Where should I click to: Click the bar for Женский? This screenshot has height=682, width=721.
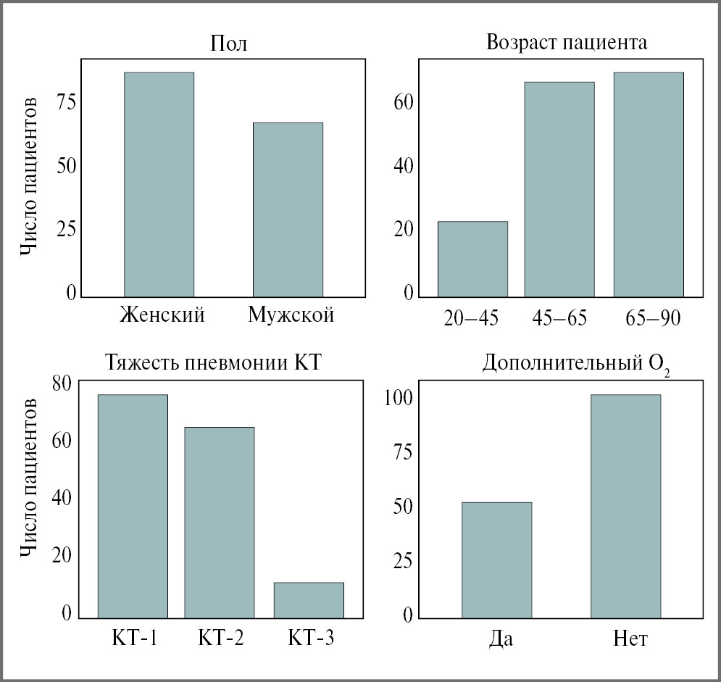click(159, 185)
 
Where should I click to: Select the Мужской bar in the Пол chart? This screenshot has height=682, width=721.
click(288, 210)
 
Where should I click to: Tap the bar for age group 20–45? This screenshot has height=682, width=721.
click(472, 259)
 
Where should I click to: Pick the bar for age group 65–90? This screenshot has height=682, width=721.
click(649, 185)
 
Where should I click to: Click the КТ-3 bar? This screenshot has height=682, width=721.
click(309, 600)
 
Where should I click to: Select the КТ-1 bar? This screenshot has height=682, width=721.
click(133, 506)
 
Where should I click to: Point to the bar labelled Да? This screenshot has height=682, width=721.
click(496, 560)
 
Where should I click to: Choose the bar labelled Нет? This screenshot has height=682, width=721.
click(626, 506)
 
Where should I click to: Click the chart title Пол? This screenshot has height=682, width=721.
click(228, 43)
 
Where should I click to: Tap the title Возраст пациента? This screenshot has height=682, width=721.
click(567, 42)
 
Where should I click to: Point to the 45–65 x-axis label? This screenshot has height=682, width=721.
click(559, 318)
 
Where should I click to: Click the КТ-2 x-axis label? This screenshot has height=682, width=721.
click(220, 639)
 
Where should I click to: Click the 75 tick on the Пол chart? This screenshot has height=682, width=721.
click(66, 102)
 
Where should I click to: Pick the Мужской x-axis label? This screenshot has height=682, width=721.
click(291, 316)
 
